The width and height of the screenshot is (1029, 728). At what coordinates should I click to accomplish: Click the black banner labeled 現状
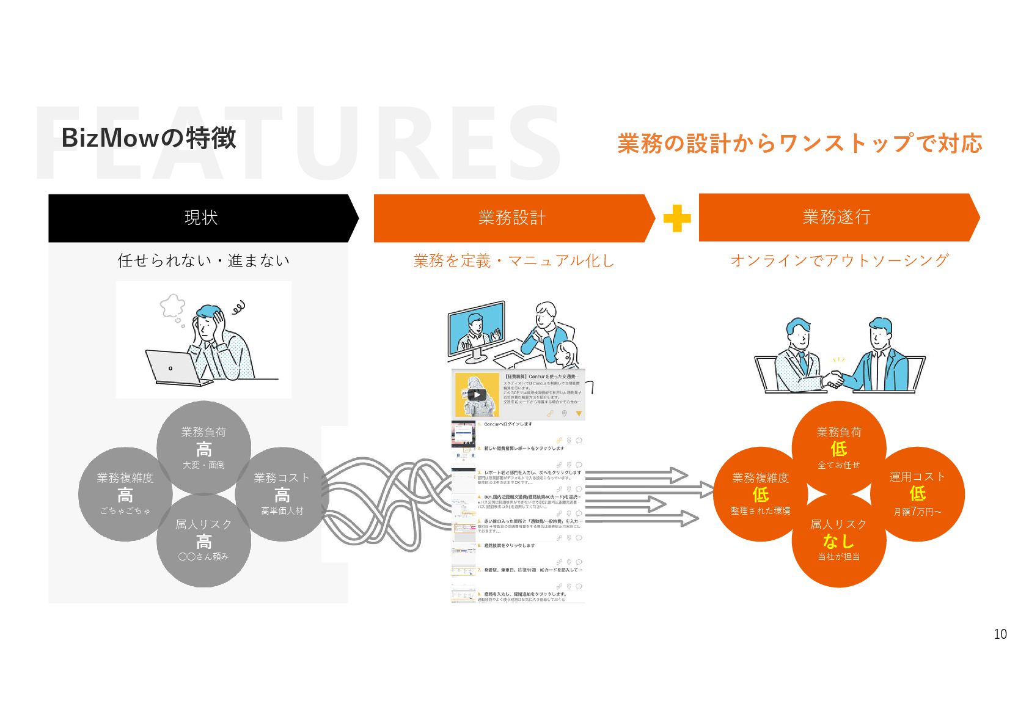tap(200, 218)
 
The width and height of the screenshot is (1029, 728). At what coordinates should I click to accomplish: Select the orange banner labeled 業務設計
tap(512, 218)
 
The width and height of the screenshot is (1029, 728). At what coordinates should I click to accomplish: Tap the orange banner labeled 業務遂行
tap(837, 217)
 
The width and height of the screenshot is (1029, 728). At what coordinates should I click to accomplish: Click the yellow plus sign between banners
tap(677, 218)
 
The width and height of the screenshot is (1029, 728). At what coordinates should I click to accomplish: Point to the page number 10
tap(1000, 634)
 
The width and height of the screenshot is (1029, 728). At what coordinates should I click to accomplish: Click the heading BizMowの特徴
tap(148, 138)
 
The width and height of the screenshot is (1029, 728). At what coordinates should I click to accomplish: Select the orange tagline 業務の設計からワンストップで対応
tap(799, 144)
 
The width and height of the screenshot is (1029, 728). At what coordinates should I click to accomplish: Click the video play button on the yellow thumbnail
tap(477, 395)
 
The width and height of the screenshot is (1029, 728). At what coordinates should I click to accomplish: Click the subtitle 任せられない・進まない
tap(203, 261)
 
